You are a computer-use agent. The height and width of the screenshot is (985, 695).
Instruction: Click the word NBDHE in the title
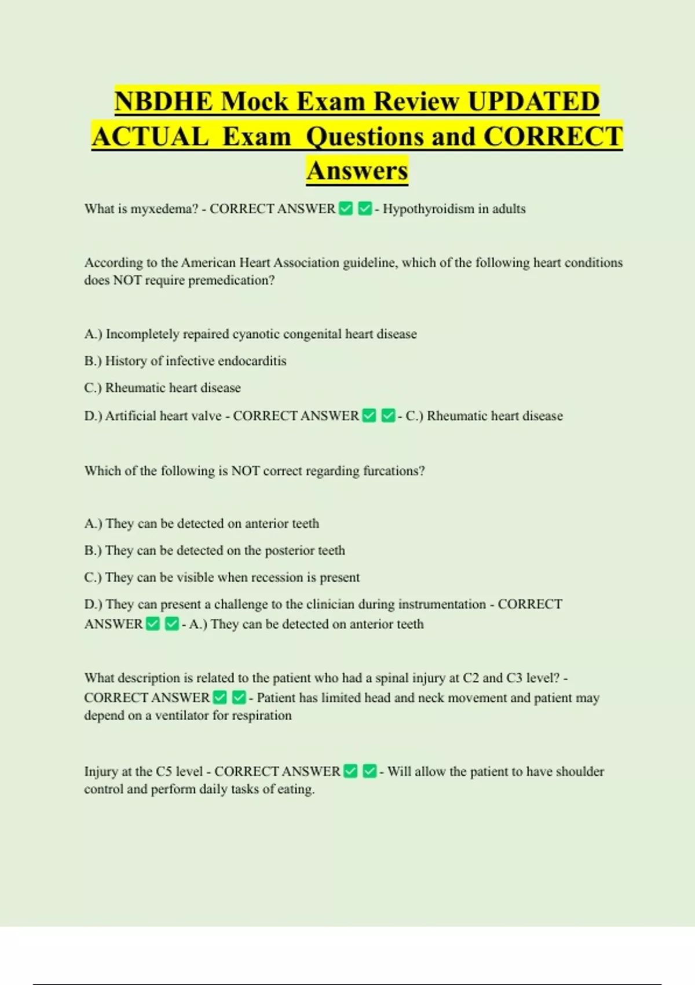point(163,101)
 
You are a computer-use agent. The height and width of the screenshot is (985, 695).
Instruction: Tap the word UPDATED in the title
point(533,101)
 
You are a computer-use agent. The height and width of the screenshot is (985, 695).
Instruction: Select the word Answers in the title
point(357,170)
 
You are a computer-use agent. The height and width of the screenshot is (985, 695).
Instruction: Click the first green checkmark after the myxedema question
point(346,209)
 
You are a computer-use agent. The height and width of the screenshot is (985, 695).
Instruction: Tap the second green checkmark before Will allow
point(370,771)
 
